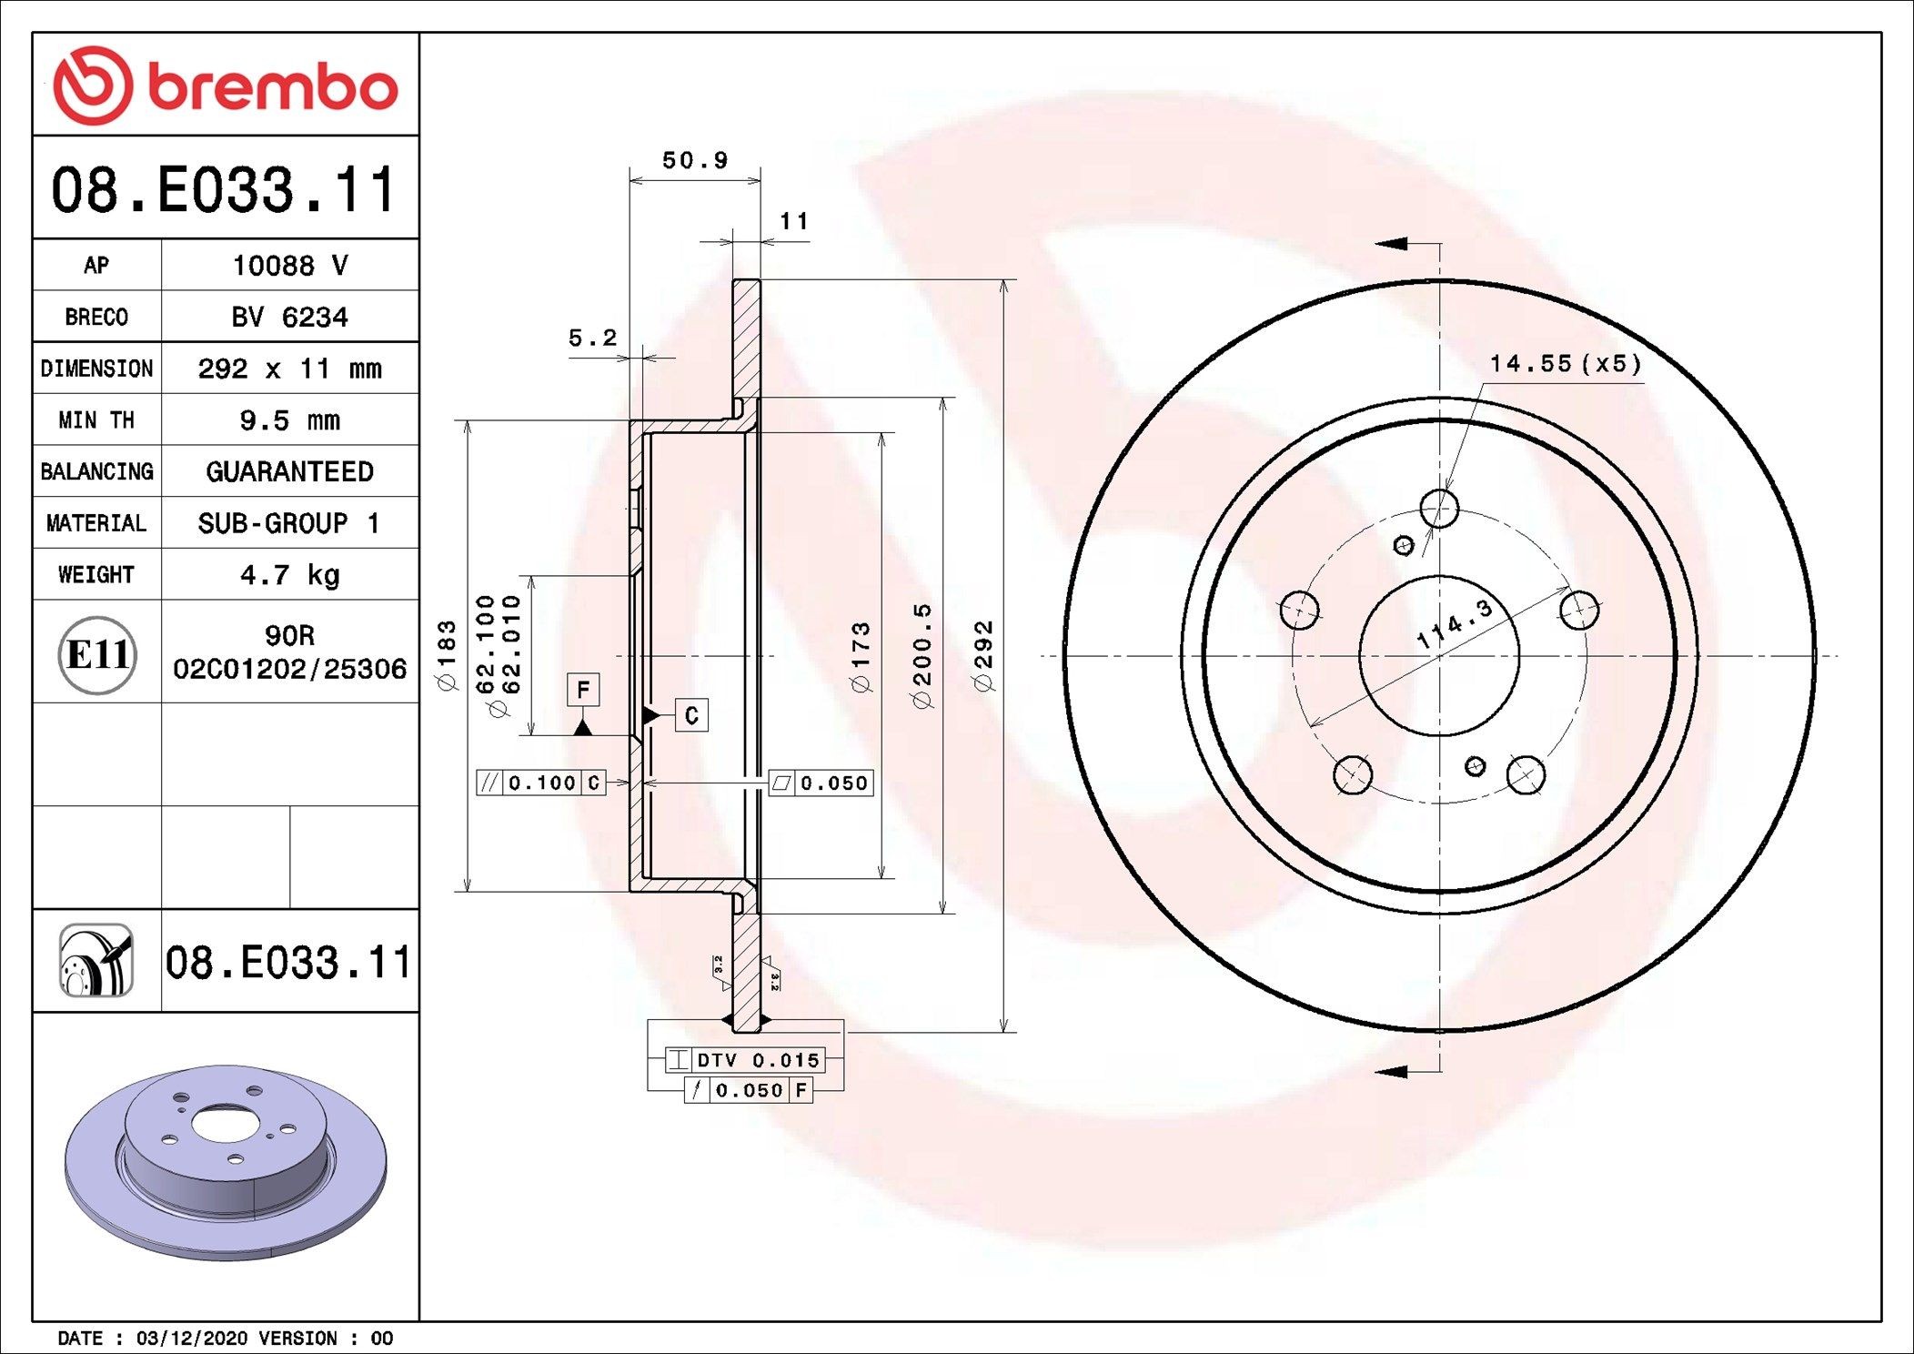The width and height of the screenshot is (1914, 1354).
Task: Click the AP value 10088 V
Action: (x=289, y=266)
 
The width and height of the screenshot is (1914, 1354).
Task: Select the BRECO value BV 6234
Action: (x=289, y=318)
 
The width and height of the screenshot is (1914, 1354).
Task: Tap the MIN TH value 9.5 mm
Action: (x=289, y=420)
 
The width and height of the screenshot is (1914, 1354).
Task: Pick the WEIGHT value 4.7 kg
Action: (x=289, y=575)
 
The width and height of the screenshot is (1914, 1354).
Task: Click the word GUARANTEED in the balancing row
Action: (x=289, y=471)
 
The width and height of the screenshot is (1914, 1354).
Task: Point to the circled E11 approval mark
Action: (x=97, y=654)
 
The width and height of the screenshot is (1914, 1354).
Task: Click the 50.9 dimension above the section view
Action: (x=695, y=161)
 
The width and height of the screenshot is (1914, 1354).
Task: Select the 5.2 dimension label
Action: (x=592, y=338)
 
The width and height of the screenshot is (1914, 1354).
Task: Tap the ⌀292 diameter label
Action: (x=983, y=655)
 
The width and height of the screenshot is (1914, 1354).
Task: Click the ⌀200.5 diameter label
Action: (x=922, y=655)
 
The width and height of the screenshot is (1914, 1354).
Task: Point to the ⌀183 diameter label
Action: (x=447, y=655)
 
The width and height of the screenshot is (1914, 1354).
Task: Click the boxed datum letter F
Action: (x=583, y=689)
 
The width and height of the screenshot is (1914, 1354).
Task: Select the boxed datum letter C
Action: (x=691, y=715)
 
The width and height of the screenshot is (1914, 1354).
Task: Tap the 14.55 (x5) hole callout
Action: (x=1565, y=364)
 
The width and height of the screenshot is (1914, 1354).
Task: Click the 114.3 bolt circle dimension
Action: (x=1455, y=623)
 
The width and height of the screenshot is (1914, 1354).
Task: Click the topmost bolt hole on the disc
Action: (x=1439, y=508)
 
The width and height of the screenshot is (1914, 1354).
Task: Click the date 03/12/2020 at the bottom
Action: (x=191, y=1339)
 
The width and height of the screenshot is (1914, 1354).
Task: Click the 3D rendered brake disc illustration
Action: (x=226, y=1161)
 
